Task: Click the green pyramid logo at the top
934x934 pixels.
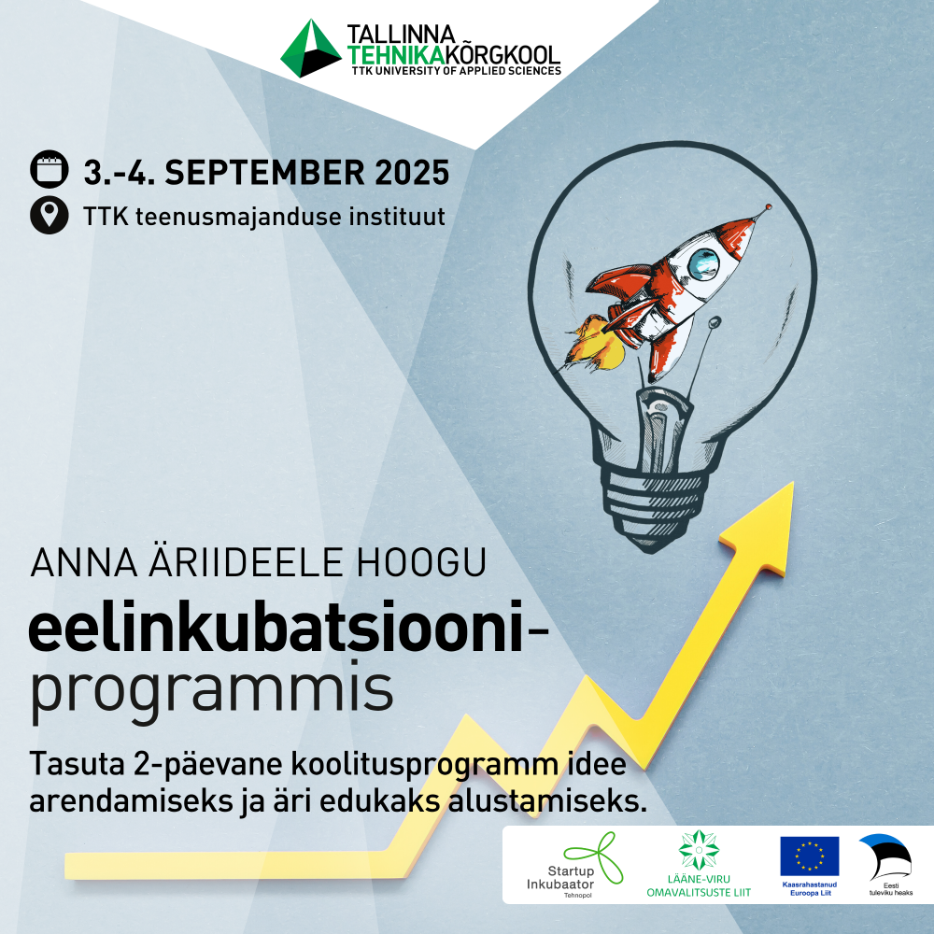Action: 310,49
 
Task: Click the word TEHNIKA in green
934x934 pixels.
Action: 396,55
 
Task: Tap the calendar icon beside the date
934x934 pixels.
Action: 50,169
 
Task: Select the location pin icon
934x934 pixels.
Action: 50,215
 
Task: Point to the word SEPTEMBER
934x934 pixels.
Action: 265,173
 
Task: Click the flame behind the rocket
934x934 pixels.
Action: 594,342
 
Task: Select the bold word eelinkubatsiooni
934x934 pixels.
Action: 276,626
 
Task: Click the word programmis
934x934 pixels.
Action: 211,690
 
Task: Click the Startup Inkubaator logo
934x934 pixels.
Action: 574,865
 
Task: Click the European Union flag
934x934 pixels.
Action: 810,856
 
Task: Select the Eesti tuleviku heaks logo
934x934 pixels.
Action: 887,864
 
